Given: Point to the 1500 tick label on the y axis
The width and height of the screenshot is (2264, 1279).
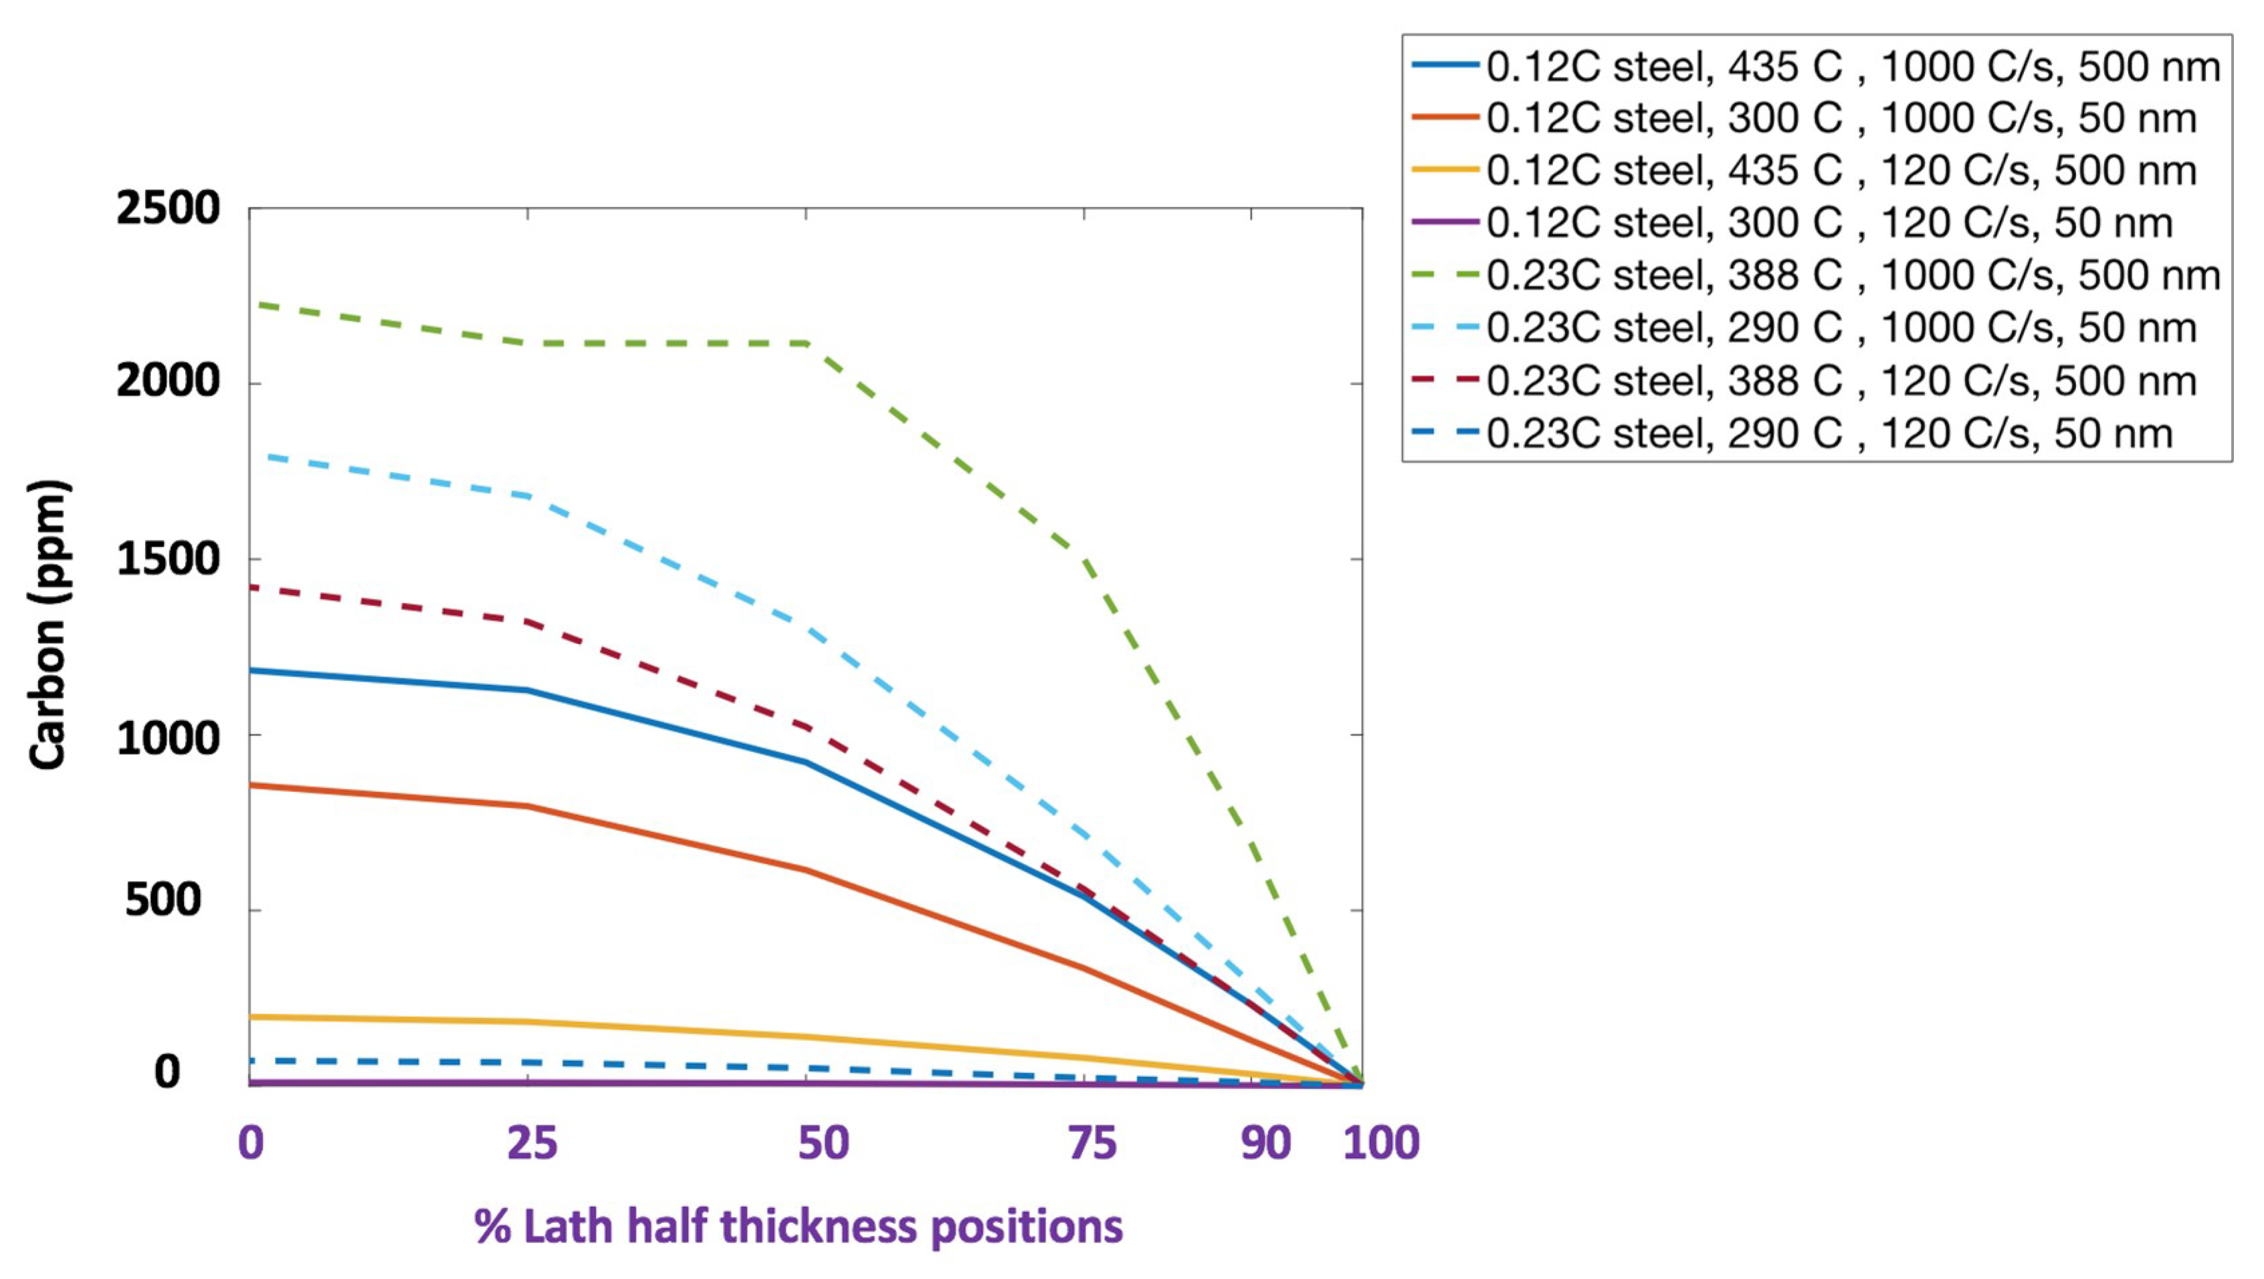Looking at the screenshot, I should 167,559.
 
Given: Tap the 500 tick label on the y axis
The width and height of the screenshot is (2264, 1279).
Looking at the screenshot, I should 163,900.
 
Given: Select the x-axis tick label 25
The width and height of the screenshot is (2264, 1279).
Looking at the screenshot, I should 532,1143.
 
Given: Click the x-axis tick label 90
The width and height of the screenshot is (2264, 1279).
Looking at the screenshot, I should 1265,1143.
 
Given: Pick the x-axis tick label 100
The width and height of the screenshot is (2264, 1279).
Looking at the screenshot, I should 1380,1143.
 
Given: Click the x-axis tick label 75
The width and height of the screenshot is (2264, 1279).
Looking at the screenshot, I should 1092,1143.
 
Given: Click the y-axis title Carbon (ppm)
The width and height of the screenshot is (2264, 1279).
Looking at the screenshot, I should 47,624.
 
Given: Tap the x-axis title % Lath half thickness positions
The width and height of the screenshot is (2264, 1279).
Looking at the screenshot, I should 798,1226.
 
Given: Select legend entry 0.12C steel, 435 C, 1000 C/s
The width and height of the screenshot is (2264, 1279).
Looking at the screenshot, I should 1853,67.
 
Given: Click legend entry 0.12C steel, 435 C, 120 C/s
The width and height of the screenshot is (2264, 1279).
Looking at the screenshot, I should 1841,171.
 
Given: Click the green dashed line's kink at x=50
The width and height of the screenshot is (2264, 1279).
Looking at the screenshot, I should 806,342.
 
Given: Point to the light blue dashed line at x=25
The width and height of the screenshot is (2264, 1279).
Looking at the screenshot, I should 527,496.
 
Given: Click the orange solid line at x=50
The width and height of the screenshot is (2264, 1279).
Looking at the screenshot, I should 806,870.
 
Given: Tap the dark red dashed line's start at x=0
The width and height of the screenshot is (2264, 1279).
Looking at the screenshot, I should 251,586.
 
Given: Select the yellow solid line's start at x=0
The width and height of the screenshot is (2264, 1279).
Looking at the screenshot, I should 251,1017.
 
